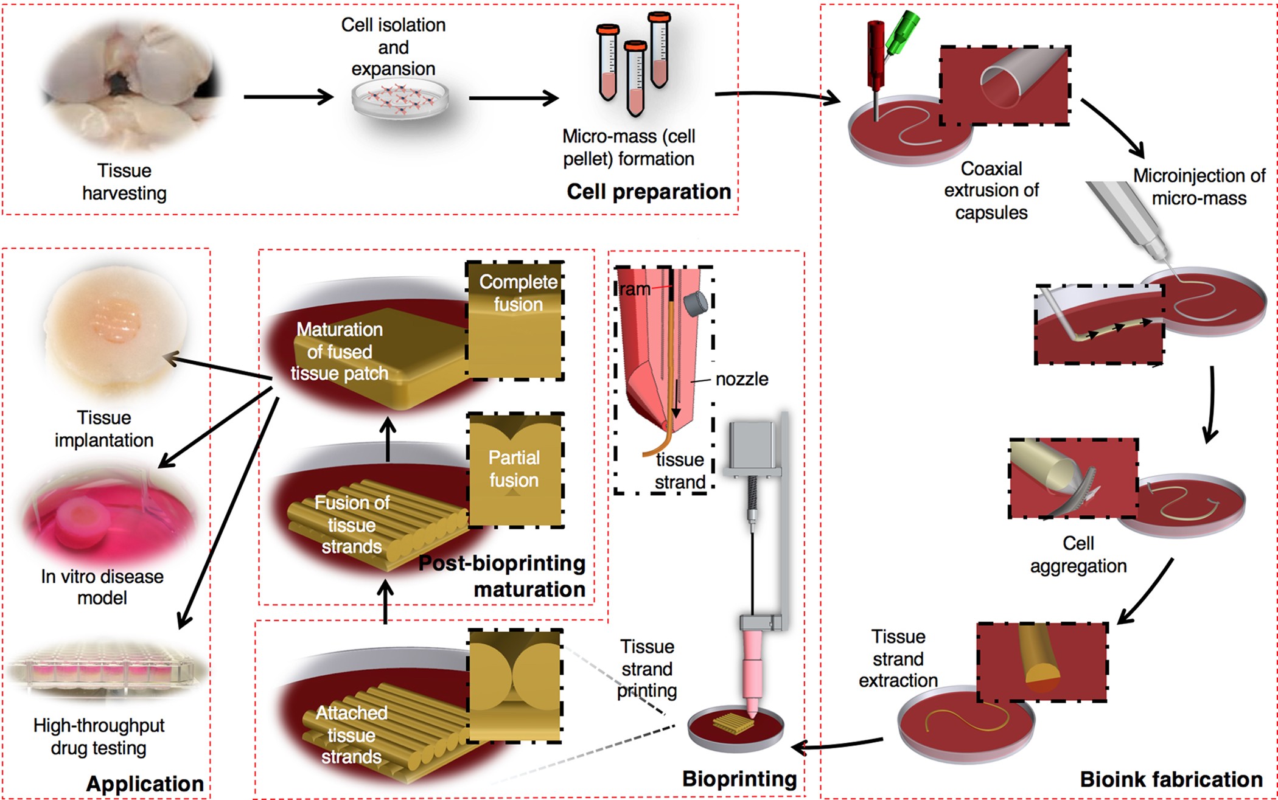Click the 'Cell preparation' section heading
649,192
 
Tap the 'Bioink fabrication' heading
1171,779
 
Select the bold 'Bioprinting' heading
739,779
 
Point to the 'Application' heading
145,784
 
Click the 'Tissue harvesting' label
124,182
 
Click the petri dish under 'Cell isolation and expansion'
400,100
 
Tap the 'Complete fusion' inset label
518,293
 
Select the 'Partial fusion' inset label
514,468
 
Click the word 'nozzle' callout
742,379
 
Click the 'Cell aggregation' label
1078,554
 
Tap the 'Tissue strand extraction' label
898,659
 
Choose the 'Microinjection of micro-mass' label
1199,187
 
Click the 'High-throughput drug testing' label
99,737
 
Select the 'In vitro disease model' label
102,586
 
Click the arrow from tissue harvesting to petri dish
288,97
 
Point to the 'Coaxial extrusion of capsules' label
991,190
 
